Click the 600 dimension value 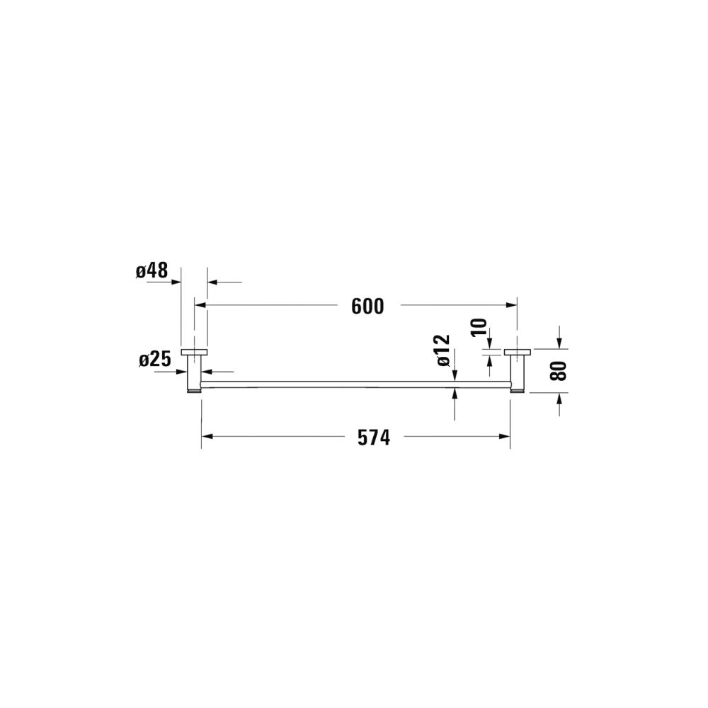(x=367, y=307)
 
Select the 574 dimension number (x=374, y=438)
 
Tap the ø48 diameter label (x=152, y=271)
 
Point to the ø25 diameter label (x=155, y=360)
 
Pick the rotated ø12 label (x=443, y=350)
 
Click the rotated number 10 (x=479, y=327)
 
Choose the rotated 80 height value (x=558, y=371)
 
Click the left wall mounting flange (x=194, y=352)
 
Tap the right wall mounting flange (x=518, y=352)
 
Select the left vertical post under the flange (x=194, y=373)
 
